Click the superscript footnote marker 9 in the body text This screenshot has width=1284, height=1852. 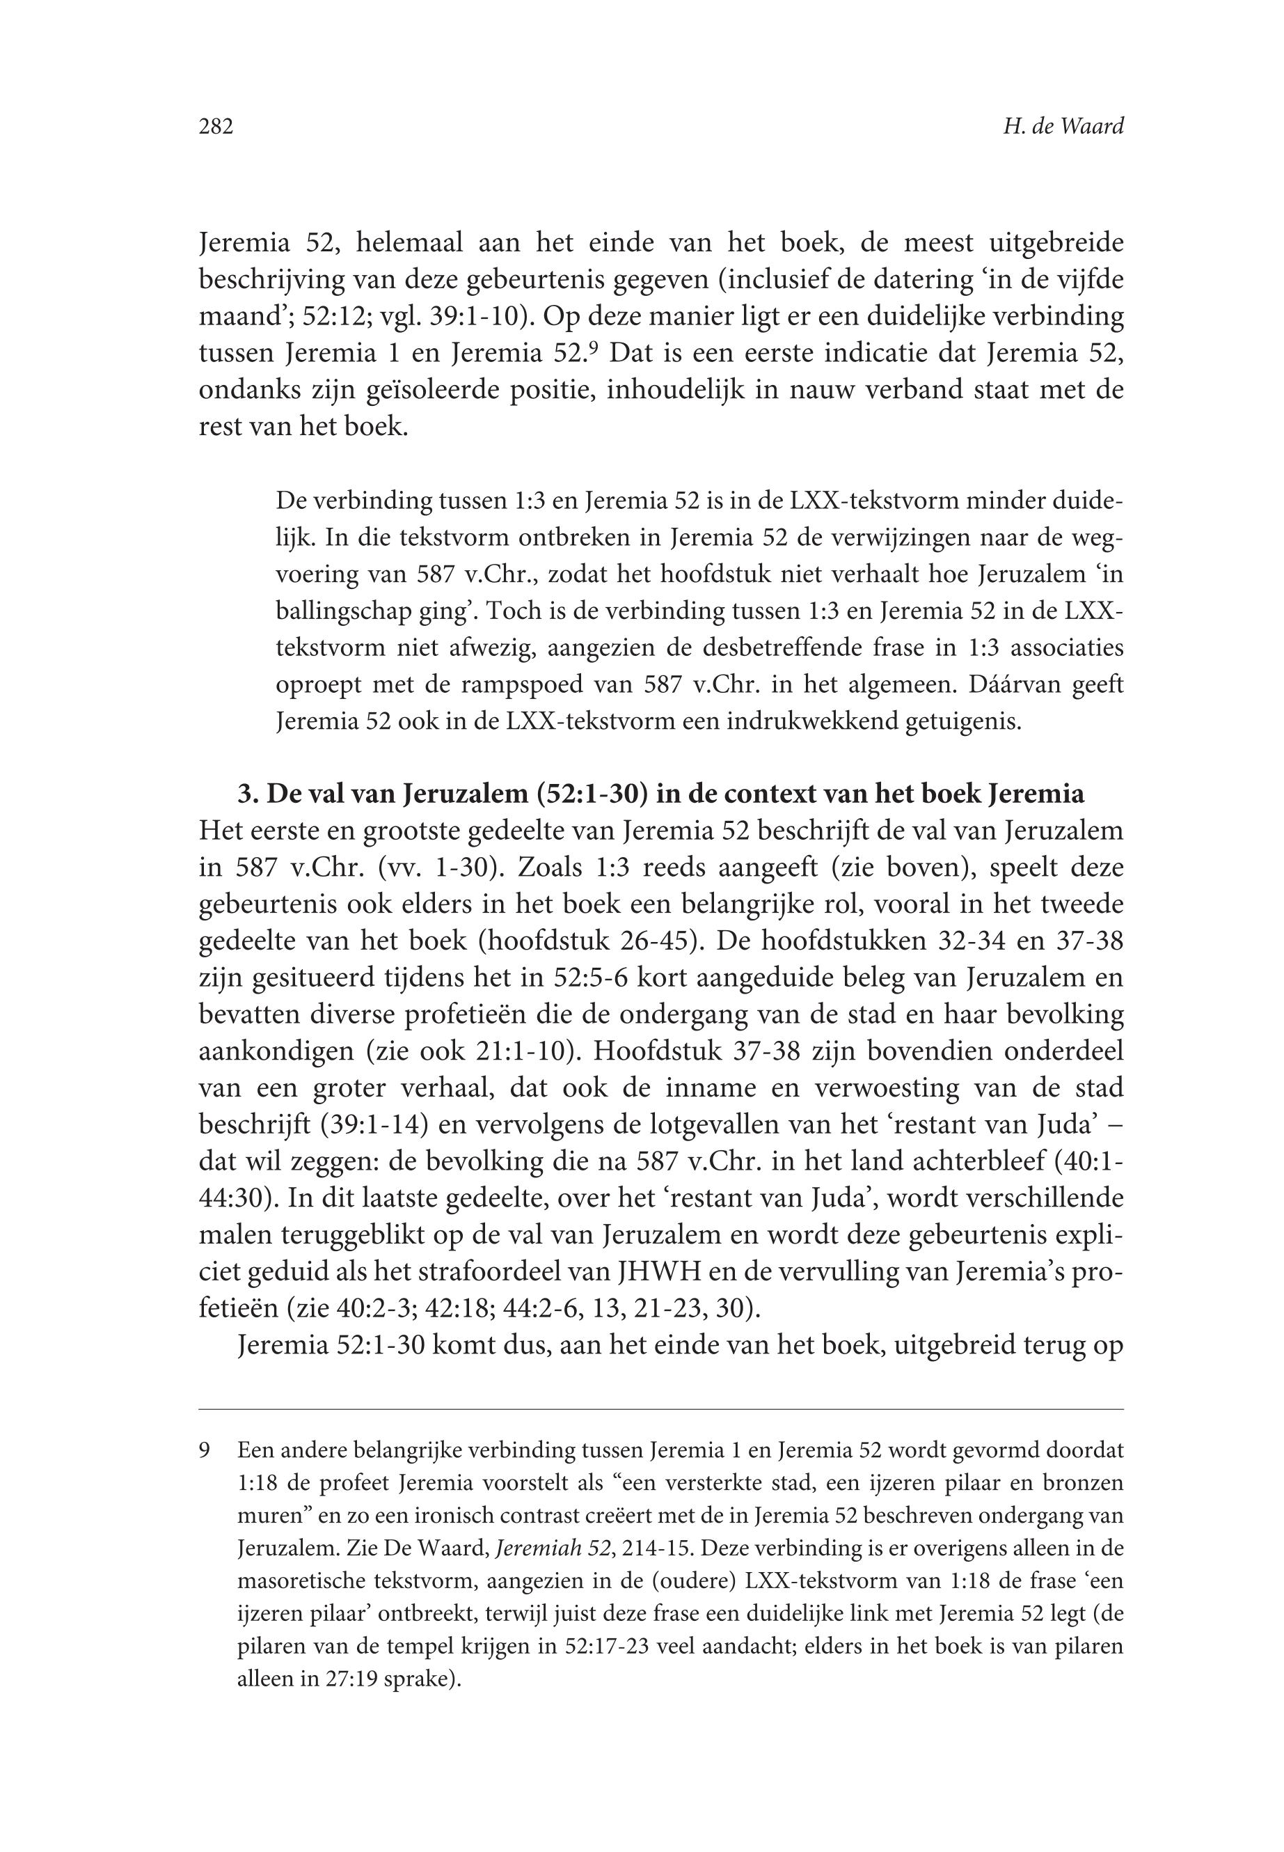pyautogui.click(x=593, y=347)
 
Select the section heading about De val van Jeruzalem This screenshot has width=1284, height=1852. pyautogui.click(x=660, y=794)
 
